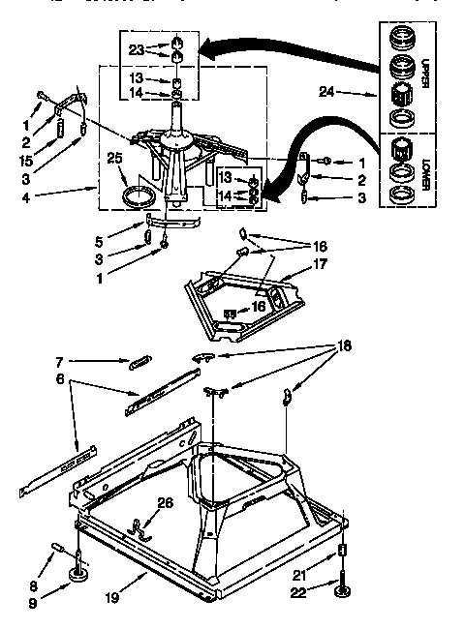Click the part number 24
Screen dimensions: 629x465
(326, 93)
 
